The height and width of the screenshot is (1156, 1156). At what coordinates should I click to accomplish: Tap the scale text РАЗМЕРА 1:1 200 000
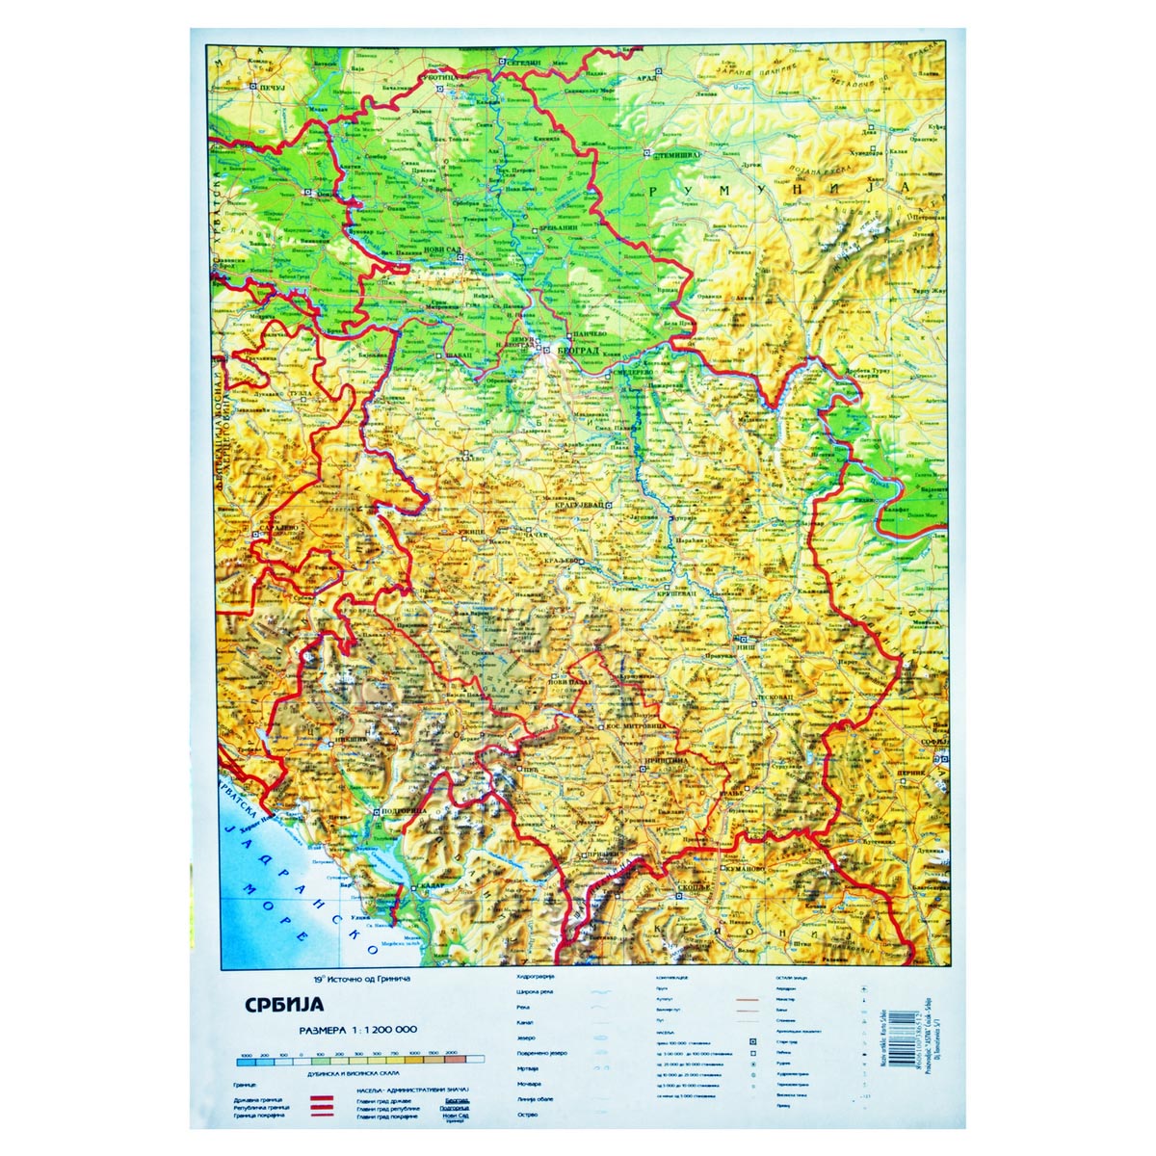[358, 1030]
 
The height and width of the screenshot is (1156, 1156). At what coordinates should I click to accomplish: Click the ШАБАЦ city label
[458, 355]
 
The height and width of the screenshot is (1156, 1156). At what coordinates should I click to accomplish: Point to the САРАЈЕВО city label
[276, 529]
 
